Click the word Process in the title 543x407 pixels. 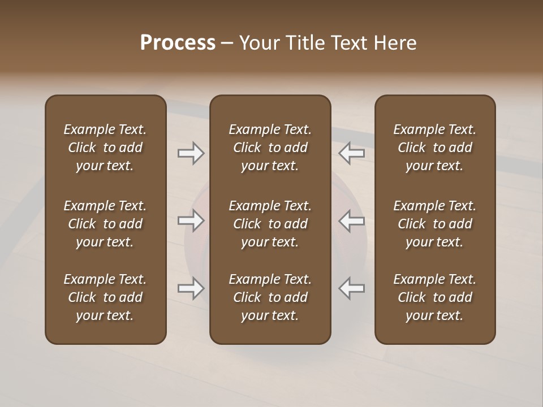[178, 43]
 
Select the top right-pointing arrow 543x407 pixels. [191, 153]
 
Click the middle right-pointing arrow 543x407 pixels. [191, 220]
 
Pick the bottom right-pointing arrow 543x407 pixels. [191, 288]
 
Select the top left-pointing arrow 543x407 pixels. [352, 153]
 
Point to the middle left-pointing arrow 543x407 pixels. [352, 220]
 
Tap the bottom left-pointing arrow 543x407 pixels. [352, 288]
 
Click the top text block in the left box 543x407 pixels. [105, 148]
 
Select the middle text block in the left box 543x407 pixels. [105, 224]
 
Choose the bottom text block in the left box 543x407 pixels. [105, 297]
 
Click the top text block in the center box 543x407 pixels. [270, 148]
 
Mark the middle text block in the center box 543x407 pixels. [270, 224]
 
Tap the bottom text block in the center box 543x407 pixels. [270, 297]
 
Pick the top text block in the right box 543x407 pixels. [434, 148]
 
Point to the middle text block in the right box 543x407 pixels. [434, 224]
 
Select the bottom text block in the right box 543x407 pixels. [434, 297]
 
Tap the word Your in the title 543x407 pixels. [258, 43]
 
